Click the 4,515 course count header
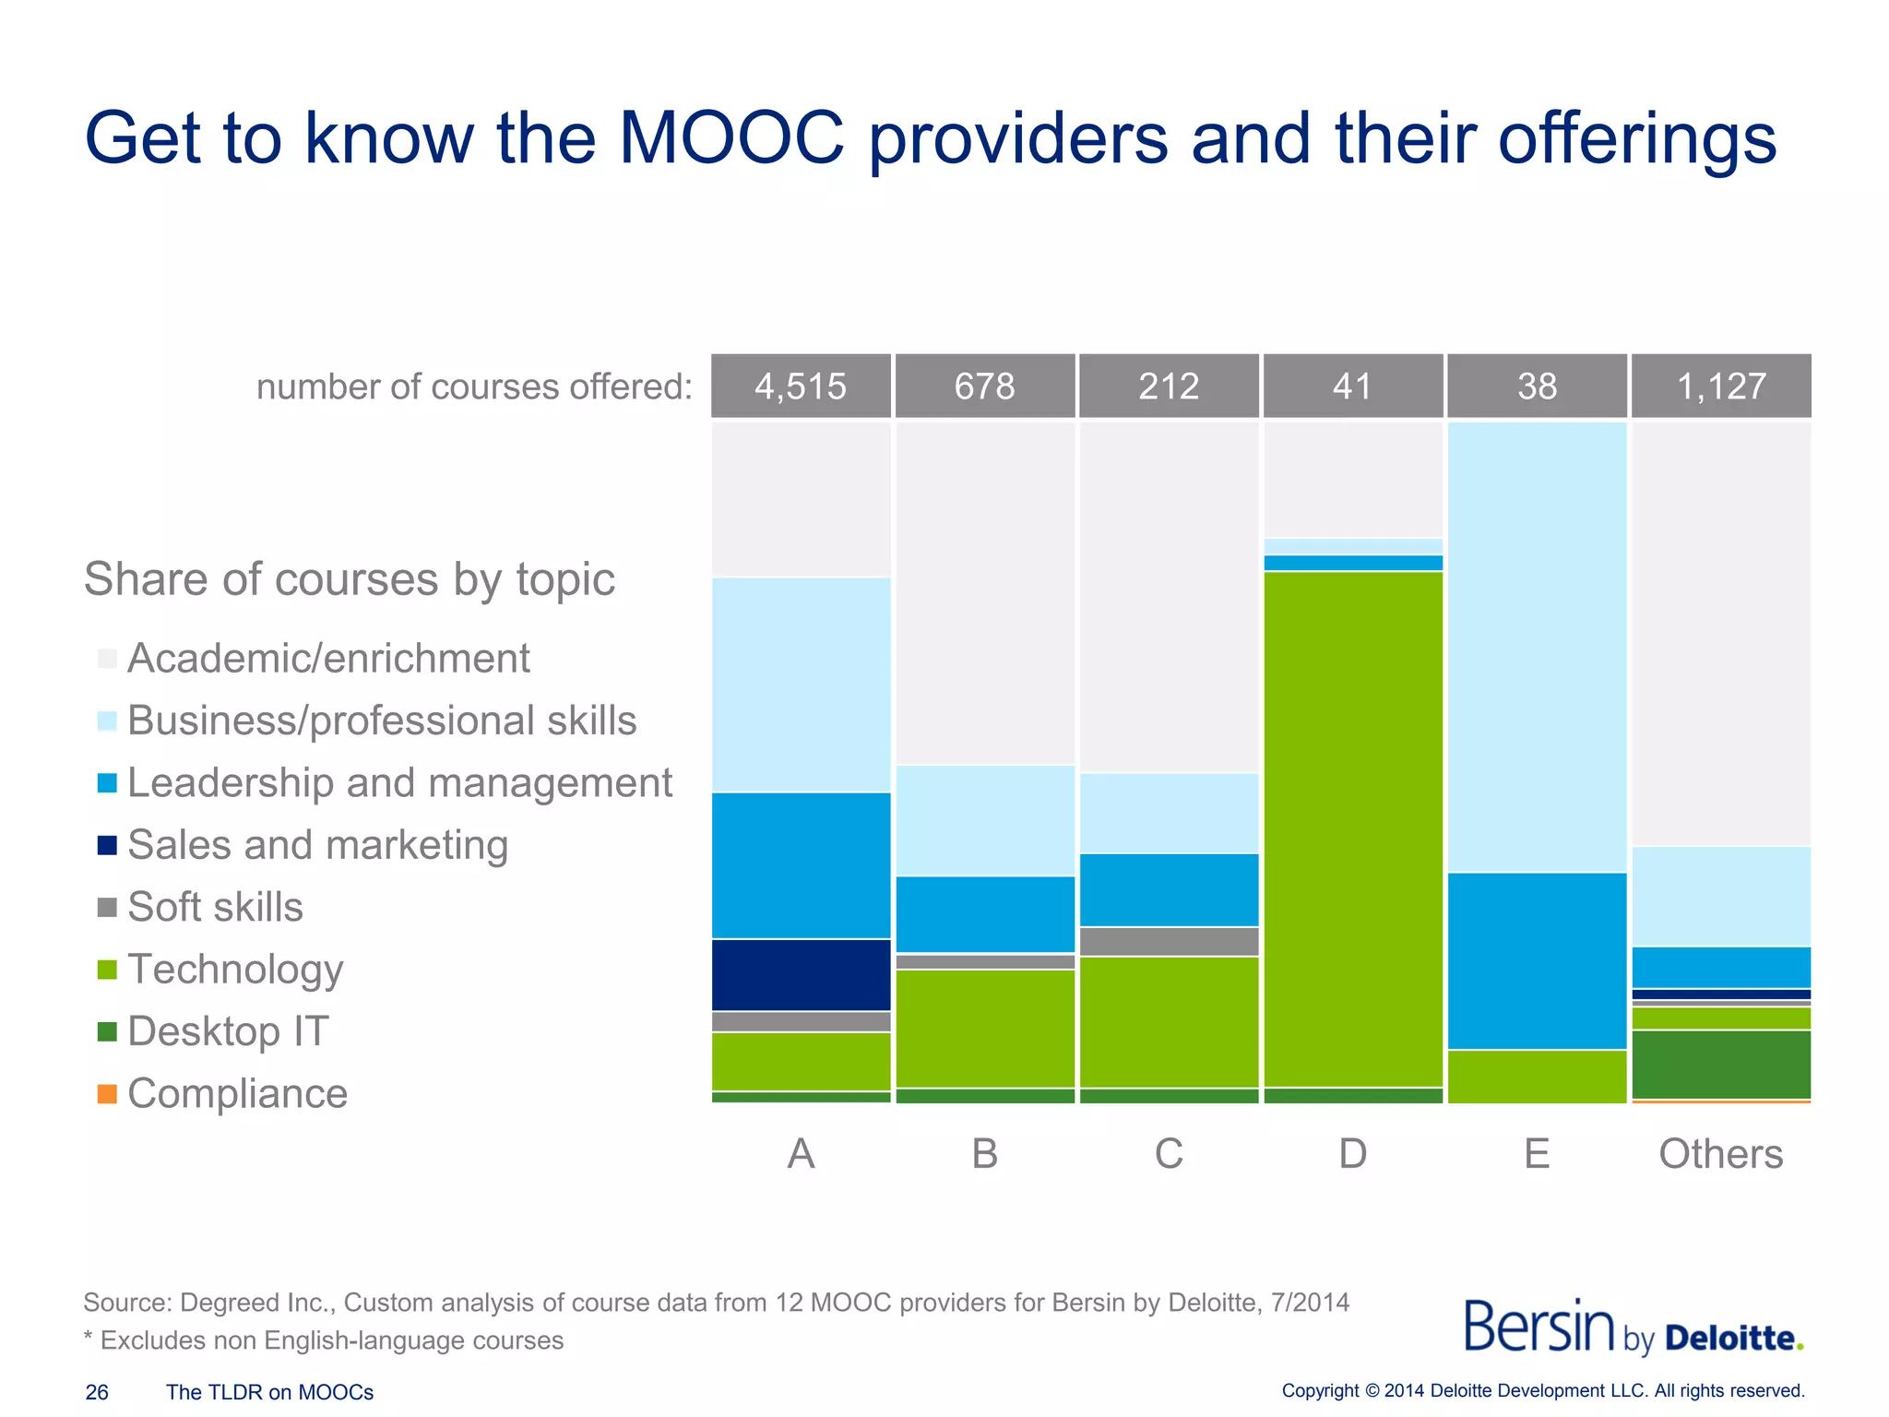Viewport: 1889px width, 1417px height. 801,386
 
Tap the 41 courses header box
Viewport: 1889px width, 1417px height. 1352,386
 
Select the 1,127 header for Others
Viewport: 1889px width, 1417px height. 1721,386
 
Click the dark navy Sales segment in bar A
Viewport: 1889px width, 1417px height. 801,974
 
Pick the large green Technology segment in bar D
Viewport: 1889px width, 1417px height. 1352,828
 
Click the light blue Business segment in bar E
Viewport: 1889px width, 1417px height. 1537,646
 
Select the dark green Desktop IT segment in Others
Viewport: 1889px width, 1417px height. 1721,1064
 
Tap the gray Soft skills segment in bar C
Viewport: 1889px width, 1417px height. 1169,941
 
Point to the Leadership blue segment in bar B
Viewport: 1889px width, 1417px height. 985,913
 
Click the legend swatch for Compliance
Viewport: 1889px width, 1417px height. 107,1094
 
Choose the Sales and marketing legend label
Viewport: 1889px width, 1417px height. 317,845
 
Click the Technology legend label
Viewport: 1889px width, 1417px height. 235,970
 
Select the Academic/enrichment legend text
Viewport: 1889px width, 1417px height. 328,659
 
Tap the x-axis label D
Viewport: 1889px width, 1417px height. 1352,1153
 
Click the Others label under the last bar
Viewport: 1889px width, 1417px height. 1720,1153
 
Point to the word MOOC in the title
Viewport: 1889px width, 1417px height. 731,138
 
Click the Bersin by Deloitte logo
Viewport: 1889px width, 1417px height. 1633,1328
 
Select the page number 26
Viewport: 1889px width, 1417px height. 97,1392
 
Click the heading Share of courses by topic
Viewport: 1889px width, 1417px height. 349,579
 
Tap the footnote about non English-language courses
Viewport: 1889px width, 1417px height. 324,1340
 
